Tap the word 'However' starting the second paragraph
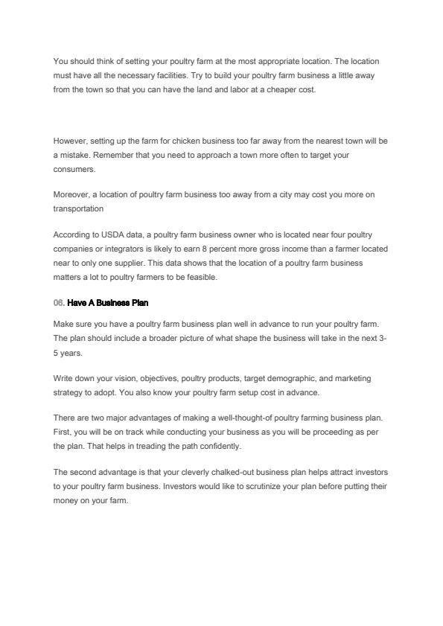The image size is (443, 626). click(x=70, y=140)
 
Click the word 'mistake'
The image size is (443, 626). click(x=77, y=155)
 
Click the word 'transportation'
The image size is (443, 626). click(x=78, y=208)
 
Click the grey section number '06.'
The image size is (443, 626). click(x=59, y=302)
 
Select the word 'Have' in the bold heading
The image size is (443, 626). click(x=76, y=302)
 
